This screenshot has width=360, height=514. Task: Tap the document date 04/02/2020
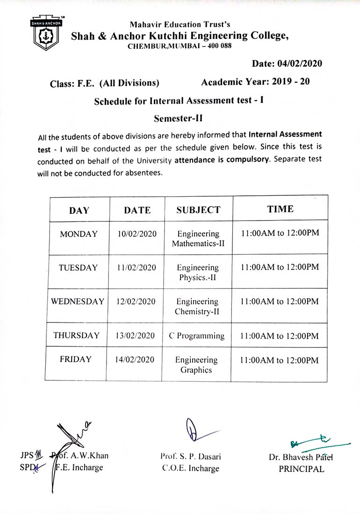point(287,64)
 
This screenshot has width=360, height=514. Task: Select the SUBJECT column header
point(198,210)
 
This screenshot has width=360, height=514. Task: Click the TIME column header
point(281,209)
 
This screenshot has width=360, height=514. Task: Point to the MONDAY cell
point(79,234)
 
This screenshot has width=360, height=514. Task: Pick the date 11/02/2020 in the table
point(137,268)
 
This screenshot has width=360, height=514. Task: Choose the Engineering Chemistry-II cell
point(197,307)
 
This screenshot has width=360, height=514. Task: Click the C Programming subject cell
point(197,336)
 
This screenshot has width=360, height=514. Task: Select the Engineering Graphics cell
point(196,365)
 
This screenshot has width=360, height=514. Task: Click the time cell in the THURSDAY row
point(279,336)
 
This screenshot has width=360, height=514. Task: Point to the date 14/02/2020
point(136,360)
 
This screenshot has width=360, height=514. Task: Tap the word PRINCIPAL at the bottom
point(302,469)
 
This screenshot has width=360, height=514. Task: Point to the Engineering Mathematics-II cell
point(198,238)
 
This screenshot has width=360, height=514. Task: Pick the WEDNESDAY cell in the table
point(78,301)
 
